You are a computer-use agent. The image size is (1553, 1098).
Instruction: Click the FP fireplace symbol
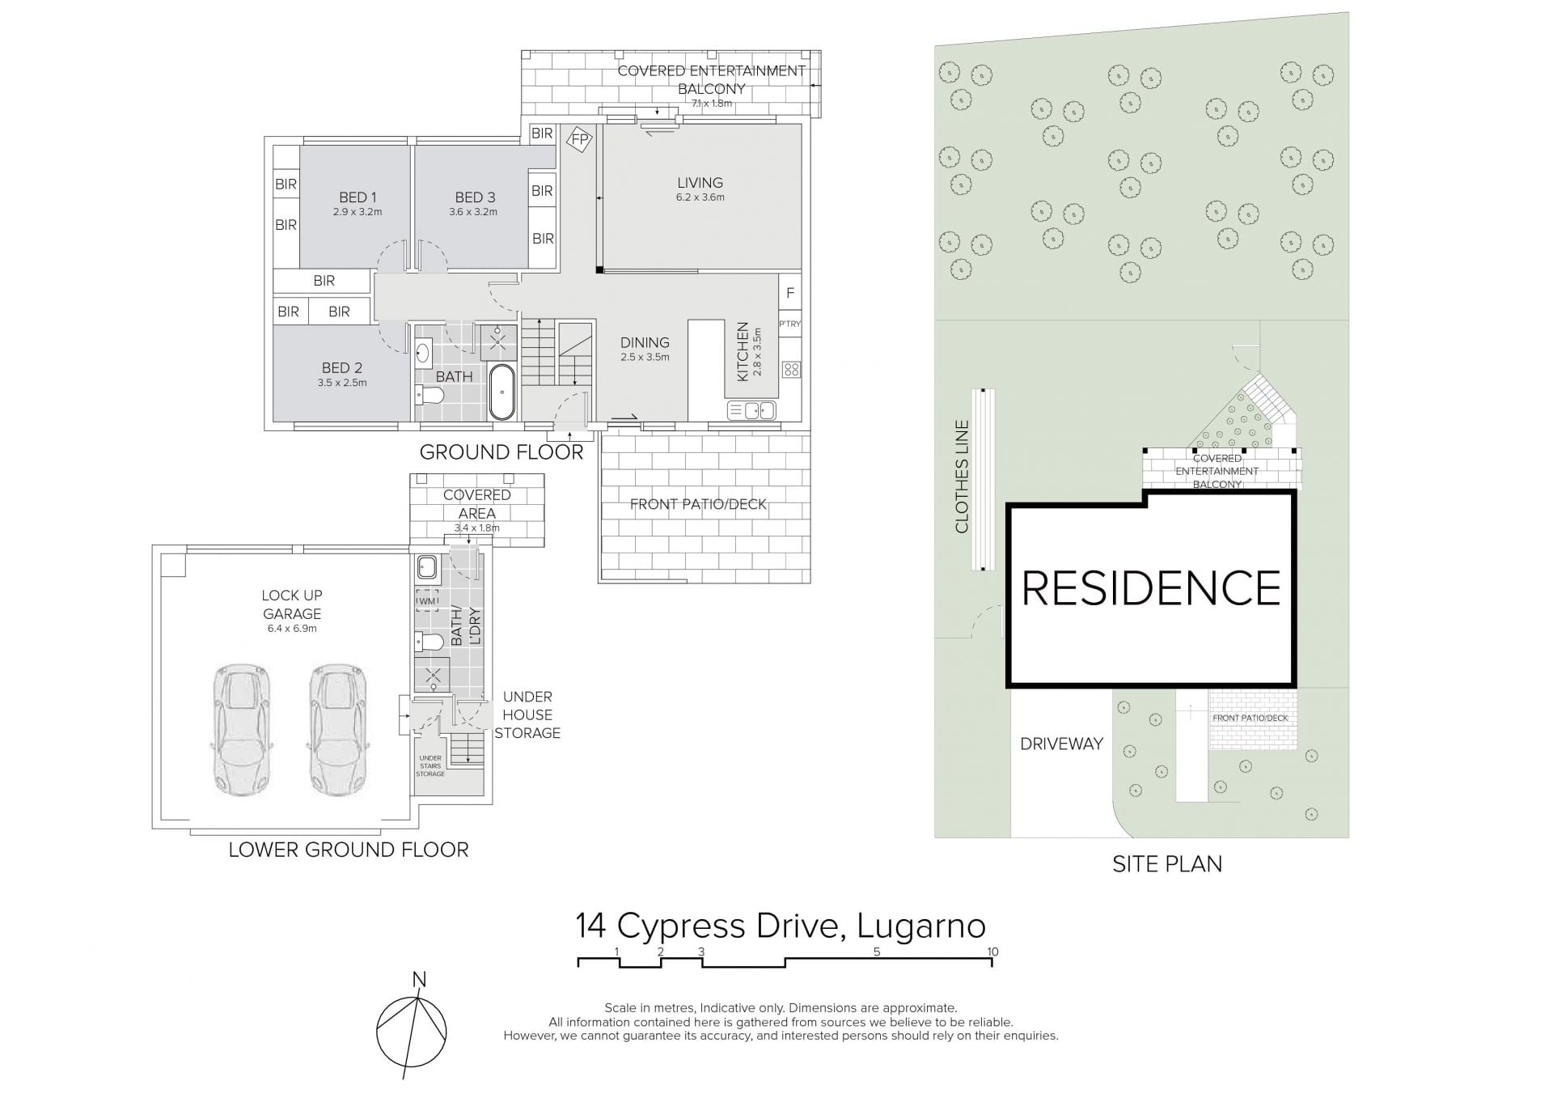point(579,140)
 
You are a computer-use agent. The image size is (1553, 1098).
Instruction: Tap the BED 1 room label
point(358,197)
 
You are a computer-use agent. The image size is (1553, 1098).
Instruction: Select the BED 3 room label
point(475,197)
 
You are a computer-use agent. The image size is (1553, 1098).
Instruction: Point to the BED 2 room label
point(342,367)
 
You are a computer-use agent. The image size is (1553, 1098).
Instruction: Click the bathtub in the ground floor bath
point(502,392)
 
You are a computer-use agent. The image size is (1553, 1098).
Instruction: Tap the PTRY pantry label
point(790,324)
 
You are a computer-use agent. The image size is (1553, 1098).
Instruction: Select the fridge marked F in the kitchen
point(790,293)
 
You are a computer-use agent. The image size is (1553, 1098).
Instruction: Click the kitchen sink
point(751,411)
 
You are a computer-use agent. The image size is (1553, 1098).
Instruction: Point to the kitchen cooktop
point(791,370)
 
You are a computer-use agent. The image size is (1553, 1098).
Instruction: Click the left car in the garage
point(241,730)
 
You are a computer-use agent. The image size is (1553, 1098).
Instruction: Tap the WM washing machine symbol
point(427,601)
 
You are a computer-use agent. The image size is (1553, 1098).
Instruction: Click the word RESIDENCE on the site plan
point(1151,588)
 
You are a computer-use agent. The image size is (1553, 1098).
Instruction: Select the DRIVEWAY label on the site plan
point(1061,744)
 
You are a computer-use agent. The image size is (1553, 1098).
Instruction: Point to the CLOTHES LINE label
point(962,477)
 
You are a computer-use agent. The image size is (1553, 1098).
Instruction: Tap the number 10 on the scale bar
point(992,952)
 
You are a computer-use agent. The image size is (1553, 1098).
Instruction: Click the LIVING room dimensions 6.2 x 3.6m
point(700,197)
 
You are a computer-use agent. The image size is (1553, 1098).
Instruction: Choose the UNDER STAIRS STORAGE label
point(430,766)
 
